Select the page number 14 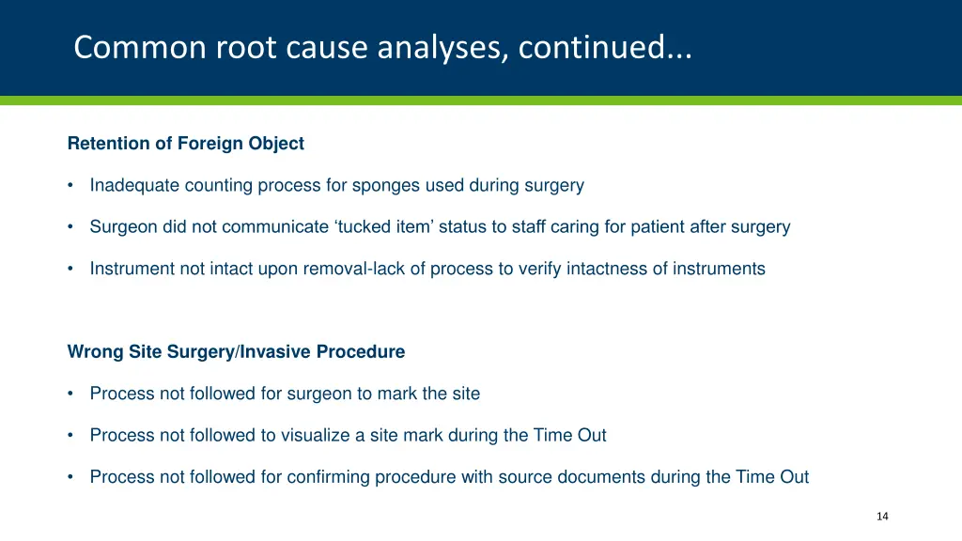click(881, 517)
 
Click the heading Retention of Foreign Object click(186, 144)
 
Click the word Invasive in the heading click(276, 352)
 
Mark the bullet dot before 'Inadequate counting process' click(71, 186)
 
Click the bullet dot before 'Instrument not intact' click(71, 269)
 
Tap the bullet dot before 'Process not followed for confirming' click(71, 477)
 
